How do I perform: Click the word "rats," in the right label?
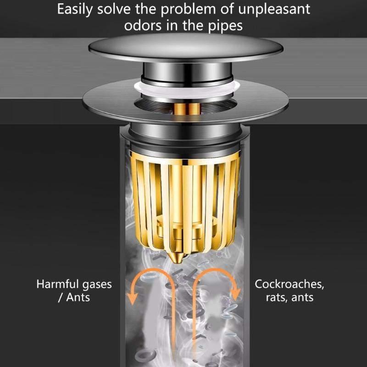pyautogui.click(x=277, y=297)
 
